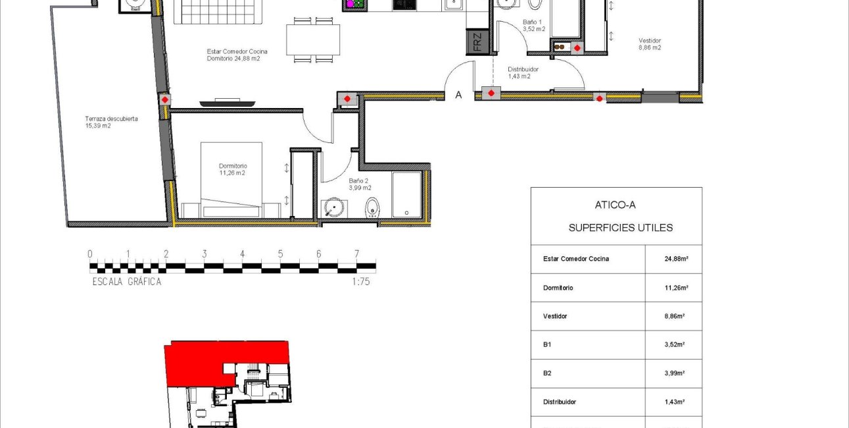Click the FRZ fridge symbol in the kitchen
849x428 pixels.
coord(477,41)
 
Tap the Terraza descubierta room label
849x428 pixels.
coord(111,122)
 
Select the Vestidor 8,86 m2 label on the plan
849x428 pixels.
coord(650,44)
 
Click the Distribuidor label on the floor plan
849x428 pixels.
coord(523,72)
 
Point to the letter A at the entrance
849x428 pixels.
coord(459,95)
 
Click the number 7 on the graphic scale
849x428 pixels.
coord(356,254)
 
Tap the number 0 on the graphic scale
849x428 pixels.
coord(90,254)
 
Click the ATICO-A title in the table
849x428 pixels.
coord(616,205)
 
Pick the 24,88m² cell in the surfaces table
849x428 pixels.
coord(676,259)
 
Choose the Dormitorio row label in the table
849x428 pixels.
coord(558,288)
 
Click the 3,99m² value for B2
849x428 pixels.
coord(676,373)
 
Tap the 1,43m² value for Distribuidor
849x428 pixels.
coord(676,402)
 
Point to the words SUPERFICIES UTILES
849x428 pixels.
coord(620,228)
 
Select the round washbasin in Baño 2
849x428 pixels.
coord(335,209)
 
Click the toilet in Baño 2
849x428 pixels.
coord(372,207)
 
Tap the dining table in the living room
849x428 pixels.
coord(314,40)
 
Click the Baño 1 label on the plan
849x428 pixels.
coord(533,26)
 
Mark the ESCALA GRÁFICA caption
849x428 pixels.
coord(127,282)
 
